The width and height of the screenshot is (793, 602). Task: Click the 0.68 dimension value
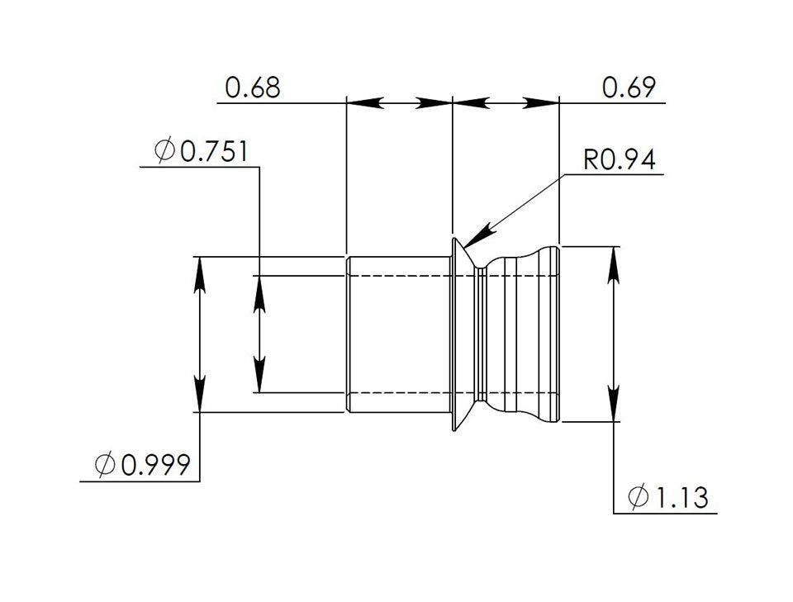(253, 88)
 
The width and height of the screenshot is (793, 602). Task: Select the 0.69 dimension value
(629, 88)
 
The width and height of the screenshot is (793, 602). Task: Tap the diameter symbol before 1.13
(638, 498)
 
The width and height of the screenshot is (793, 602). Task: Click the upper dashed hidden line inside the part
(396, 275)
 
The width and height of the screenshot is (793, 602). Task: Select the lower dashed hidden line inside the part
(396, 392)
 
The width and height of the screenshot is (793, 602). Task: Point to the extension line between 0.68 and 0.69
(453, 165)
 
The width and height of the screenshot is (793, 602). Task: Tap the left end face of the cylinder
(347, 334)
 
